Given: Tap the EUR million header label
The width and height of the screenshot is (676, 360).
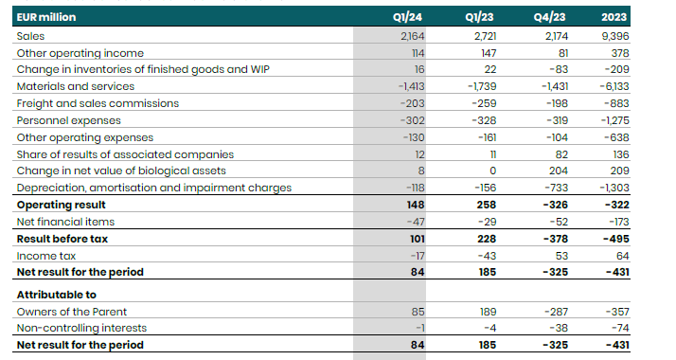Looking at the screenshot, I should click(46, 17).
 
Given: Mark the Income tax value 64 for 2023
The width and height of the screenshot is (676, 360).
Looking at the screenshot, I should click(647, 256).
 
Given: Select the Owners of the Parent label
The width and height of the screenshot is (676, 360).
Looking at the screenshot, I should click(72, 311).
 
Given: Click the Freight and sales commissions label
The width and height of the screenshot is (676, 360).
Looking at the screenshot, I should click(98, 103).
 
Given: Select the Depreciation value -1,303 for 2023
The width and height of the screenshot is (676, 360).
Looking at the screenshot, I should click(639, 188).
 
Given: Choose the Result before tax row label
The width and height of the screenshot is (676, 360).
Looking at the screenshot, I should click(62, 239).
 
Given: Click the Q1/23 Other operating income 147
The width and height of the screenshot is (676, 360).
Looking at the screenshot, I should click(486, 52).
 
